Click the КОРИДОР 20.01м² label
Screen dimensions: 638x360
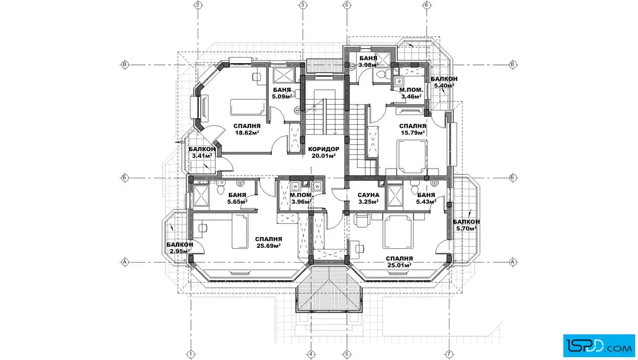coord(324,152)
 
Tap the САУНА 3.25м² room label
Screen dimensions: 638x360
coord(368,198)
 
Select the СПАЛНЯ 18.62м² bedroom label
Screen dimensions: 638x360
coord(247,129)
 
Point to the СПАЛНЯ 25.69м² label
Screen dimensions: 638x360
coord(268,243)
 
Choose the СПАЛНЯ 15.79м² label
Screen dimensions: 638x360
coord(412,129)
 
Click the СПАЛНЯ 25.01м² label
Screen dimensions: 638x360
coord(399,261)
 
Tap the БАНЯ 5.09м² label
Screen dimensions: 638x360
coord(282,93)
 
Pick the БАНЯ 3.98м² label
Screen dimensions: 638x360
coord(369,62)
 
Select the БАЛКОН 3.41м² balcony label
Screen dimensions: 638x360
coord(202,152)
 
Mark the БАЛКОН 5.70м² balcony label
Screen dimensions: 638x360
coord(467,225)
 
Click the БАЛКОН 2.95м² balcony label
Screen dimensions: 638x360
coord(180,248)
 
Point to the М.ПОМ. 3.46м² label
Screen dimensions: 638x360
coord(411,93)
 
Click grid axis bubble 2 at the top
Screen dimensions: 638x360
coord(198,5)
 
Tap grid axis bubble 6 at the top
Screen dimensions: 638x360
coord(427,5)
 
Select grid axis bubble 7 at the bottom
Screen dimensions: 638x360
coord(449,354)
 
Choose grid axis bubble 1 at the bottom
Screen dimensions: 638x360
coord(191,354)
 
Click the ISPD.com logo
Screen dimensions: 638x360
coord(599,346)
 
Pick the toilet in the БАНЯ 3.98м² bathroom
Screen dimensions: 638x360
coord(382,75)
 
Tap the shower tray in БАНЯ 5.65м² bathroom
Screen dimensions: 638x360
coord(201,196)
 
